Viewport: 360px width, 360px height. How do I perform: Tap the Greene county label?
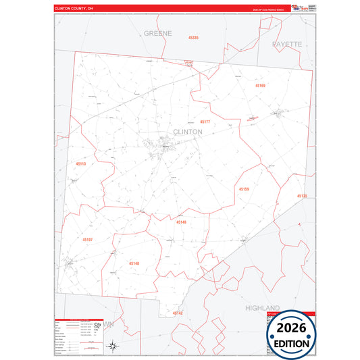coord(158,32)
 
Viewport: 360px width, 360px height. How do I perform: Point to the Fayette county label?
coord(287,43)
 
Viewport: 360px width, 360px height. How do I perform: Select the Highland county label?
coord(262,307)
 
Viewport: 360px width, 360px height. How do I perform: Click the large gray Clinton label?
coord(187,131)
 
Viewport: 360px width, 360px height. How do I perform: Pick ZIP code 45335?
coord(193,38)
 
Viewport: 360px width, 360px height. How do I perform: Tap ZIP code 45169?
coord(261,86)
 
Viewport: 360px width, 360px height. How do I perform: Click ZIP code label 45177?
coord(205,122)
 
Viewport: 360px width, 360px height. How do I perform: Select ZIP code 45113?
coord(81,163)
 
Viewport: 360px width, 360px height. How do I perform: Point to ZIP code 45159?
coord(244,190)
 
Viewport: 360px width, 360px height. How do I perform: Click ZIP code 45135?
coord(301,196)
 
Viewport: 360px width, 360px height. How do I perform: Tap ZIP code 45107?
coord(88,239)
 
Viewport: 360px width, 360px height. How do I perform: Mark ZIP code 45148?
coord(134,263)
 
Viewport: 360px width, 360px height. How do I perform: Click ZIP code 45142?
coord(177,313)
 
